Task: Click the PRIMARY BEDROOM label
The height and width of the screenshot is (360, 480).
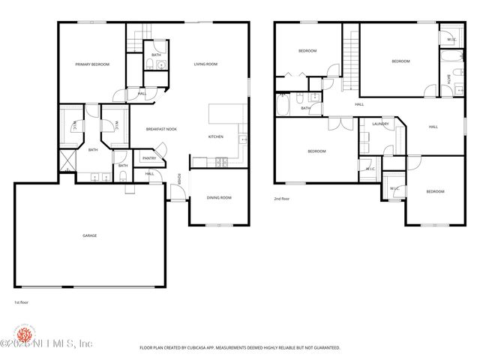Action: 92,64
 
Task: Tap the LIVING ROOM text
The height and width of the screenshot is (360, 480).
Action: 205,64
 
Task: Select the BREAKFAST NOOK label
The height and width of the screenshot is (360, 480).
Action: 161,129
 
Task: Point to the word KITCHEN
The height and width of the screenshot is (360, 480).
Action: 216,136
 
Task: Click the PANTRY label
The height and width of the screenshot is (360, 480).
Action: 149,158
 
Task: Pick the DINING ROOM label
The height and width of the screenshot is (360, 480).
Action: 219,198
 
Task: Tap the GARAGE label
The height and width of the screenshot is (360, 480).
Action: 89,235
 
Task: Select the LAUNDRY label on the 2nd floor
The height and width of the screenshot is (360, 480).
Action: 380,124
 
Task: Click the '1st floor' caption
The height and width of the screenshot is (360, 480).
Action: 22,302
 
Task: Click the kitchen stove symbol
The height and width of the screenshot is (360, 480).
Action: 220,162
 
